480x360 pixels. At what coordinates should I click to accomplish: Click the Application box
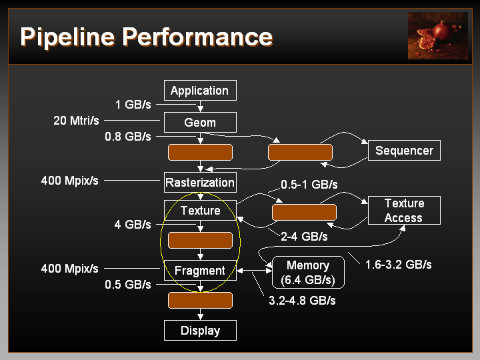pyautogui.click(x=200, y=90)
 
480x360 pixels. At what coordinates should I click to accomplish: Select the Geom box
pyautogui.click(x=200, y=123)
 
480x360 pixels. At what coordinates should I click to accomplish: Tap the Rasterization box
pyautogui.click(x=200, y=183)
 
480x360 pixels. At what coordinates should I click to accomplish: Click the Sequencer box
pyautogui.click(x=404, y=150)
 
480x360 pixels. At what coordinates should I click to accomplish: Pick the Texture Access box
pyautogui.click(x=404, y=210)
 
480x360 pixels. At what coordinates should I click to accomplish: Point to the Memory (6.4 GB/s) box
pyautogui.click(x=308, y=273)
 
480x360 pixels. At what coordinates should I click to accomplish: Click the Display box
pyautogui.click(x=200, y=330)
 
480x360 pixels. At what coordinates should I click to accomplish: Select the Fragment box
pyautogui.click(x=200, y=270)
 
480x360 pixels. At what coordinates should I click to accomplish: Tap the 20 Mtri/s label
pyautogui.click(x=76, y=121)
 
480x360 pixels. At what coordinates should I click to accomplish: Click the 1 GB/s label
pyautogui.click(x=133, y=105)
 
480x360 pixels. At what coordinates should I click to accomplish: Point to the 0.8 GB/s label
pyautogui.click(x=128, y=137)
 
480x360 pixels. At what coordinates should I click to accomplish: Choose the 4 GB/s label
pyautogui.click(x=133, y=225)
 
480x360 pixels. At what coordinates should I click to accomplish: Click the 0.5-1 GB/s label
pyautogui.click(x=309, y=185)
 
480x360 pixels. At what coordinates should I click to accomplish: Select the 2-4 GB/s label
pyautogui.click(x=304, y=237)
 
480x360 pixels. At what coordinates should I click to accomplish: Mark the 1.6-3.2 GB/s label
pyautogui.click(x=398, y=265)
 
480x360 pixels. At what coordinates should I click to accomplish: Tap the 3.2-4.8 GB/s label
pyautogui.click(x=302, y=301)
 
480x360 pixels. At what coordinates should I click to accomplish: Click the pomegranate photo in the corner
pyautogui.click(x=438, y=35)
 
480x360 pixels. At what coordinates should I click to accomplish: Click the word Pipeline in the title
pyautogui.click(x=67, y=37)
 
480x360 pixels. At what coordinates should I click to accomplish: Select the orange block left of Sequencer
pyautogui.click(x=300, y=152)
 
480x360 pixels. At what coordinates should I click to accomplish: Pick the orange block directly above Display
pyautogui.click(x=200, y=300)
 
